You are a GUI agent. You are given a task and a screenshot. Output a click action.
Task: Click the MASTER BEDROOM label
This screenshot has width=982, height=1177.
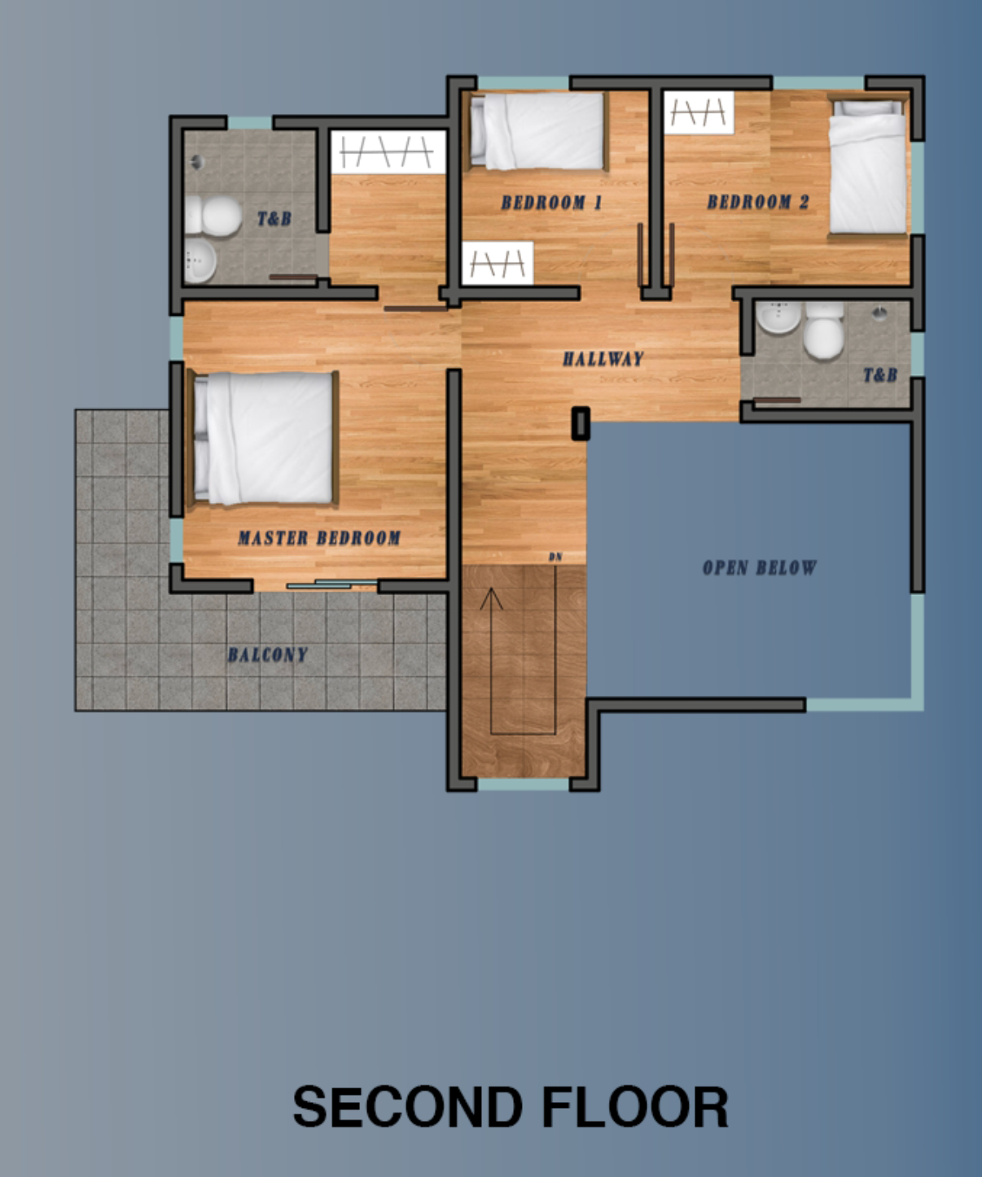(x=319, y=538)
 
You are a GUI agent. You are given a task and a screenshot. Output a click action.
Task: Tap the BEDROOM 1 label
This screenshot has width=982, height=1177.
(x=551, y=203)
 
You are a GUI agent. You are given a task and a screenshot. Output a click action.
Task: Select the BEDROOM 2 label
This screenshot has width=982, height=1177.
(x=758, y=202)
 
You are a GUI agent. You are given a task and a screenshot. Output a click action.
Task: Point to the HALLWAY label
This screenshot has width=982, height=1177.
(x=603, y=358)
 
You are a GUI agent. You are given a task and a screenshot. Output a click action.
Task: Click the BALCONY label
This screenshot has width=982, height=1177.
(x=268, y=654)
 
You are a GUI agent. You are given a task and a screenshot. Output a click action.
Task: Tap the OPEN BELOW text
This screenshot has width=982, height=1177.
(x=759, y=567)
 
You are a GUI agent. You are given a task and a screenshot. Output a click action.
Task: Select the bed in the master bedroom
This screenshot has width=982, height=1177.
(x=262, y=437)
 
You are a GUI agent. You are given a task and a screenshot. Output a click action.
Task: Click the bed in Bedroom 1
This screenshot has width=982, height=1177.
(x=536, y=131)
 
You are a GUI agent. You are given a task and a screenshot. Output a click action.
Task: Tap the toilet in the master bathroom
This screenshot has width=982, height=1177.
(x=214, y=216)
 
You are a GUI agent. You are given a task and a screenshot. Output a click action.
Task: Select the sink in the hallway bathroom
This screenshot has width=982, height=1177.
(x=778, y=317)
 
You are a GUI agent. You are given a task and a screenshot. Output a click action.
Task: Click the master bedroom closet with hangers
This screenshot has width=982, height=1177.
(x=388, y=152)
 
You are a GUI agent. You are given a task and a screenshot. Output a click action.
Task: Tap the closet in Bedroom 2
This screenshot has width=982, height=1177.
(x=699, y=113)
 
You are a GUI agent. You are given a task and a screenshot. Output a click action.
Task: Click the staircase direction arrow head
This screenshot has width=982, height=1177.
(x=491, y=597)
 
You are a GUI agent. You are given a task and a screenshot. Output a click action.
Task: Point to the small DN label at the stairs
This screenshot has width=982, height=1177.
(x=555, y=557)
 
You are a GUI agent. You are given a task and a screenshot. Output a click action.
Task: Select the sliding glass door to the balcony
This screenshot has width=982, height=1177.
(x=331, y=584)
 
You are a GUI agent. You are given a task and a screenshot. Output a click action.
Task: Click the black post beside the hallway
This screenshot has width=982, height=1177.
(x=581, y=423)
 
